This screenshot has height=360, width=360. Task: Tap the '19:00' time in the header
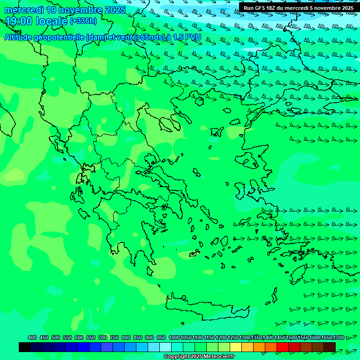pyautogui.click(x=19, y=21)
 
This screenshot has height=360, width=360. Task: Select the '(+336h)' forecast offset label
pyautogui.click(x=83, y=21)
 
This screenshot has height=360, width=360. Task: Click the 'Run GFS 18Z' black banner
pyautogui.click(x=299, y=7)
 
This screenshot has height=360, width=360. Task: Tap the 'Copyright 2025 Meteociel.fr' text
pyautogui.click(x=199, y=357)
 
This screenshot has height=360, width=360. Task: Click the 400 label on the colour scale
pyautogui.click(x=32, y=338)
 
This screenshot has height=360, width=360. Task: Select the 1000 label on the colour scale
pyautogui.click(x=174, y=338)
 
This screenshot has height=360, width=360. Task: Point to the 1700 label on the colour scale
pyautogui.click(x=338, y=338)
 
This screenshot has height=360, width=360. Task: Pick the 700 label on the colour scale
pyautogui.click(x=103, y=338)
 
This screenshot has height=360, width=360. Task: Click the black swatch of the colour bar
pyautogui.click(x=25, y=347)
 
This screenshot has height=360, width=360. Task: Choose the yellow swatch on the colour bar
pyautogui.click(x=236, y=347)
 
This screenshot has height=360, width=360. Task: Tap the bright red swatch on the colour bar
pyautogui.click(x=283, y=347)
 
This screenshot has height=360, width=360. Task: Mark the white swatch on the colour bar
pyautogui.click(x=165, y=347)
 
